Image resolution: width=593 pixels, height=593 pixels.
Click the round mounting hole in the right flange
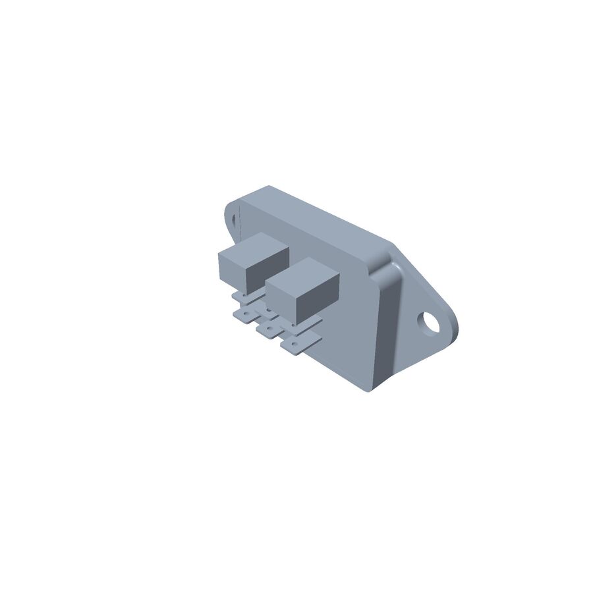(432, 323)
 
